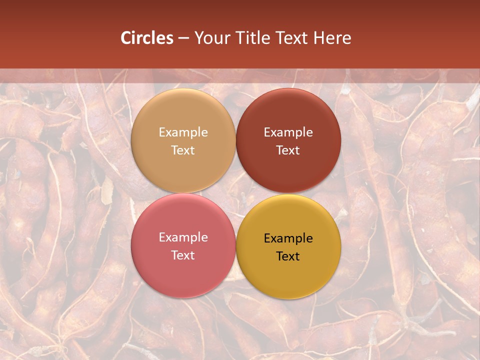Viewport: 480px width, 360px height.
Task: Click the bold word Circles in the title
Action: [x=146, y=38]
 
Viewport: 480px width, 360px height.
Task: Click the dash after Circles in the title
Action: [x=183, y=38]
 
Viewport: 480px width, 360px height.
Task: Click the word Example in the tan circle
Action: [x=183, y=132]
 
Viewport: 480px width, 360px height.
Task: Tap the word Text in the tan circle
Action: [x=183, y=150]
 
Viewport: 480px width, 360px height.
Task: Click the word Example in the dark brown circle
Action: [x=288, y=132]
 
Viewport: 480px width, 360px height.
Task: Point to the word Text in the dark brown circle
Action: [x=288, y=150]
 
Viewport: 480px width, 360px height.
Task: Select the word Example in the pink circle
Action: [x=183, y=237]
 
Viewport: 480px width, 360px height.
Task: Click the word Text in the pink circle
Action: [x=183, y=255]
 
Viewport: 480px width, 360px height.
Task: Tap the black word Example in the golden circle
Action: [x=288, y=238]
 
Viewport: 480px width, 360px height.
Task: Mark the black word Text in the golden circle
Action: [x=288, y=256]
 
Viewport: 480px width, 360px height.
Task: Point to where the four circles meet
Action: [x=235, y=193]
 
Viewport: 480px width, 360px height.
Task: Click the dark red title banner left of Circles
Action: [x=60, y=38]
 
